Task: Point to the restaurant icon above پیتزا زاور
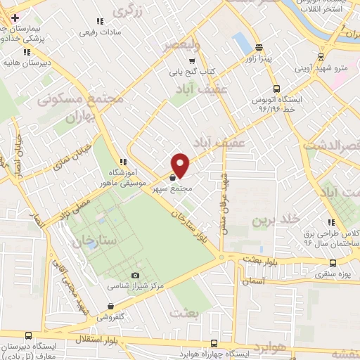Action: (x=259, y=48)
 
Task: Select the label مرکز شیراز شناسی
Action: (x=136, y=286)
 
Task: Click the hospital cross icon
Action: (x=15, y=17)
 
